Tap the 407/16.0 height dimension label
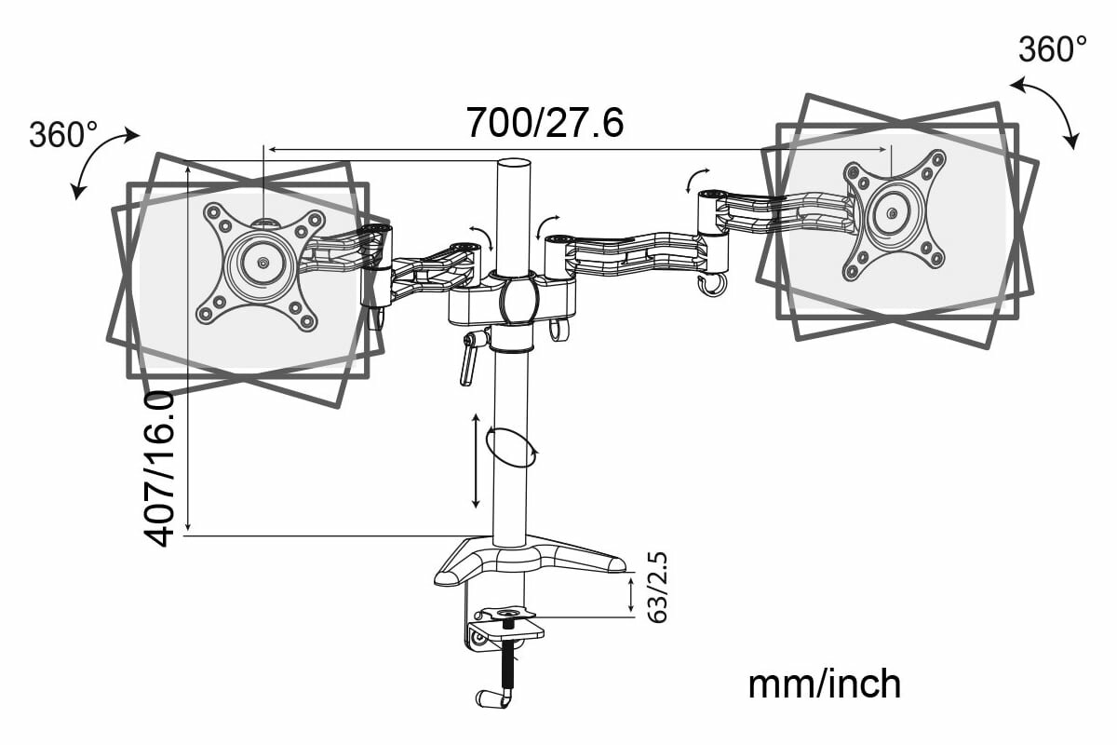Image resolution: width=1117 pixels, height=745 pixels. click(160, 467)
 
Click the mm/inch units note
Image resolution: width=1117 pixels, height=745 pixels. click(825, 684)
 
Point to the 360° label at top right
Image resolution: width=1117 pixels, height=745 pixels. click(1053, 49)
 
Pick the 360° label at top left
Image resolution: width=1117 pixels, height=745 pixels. click(63, 135)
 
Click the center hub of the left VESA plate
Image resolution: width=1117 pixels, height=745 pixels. click(262, 263)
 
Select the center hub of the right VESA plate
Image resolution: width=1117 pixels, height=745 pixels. click(892, 214)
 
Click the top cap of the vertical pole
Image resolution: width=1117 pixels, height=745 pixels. click(510, 166)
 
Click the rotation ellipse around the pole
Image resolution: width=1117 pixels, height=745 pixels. click(512, 448)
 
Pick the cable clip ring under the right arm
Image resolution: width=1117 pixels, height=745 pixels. click(712, 286)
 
